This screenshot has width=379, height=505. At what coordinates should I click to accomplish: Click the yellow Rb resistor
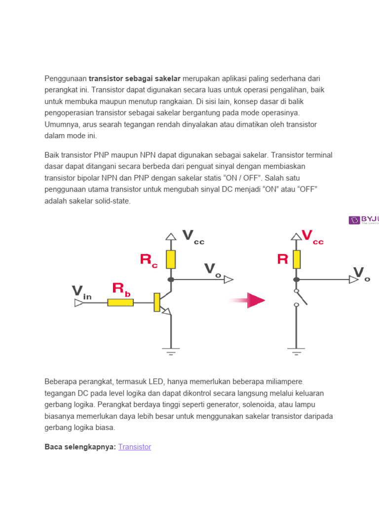pyautogui.click(x=120, y=302)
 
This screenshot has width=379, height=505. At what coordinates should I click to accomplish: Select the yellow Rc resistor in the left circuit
pyautogui.click(x=171, y=259)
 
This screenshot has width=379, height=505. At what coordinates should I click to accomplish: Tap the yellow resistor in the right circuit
pyautogui.click(x=296, y=259)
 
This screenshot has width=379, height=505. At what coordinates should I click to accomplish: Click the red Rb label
pyautogui.click(x=121, y=289)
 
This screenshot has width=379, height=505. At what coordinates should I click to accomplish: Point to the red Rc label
pyautogui.click(x=149, y=260)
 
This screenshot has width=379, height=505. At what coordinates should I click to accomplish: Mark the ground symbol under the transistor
pyautogui.click(x=171, y=352)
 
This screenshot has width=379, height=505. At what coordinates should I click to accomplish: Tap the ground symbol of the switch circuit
pyautogui.click(x=296, y=352)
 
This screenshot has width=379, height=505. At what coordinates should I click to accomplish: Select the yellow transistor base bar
pyautogui.click(x=157, y=302)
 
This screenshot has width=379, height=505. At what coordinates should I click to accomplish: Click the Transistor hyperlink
pyautogui.click(x=135, y=447)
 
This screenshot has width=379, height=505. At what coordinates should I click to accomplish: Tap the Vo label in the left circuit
pyautogui.click(x=212, y=270)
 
